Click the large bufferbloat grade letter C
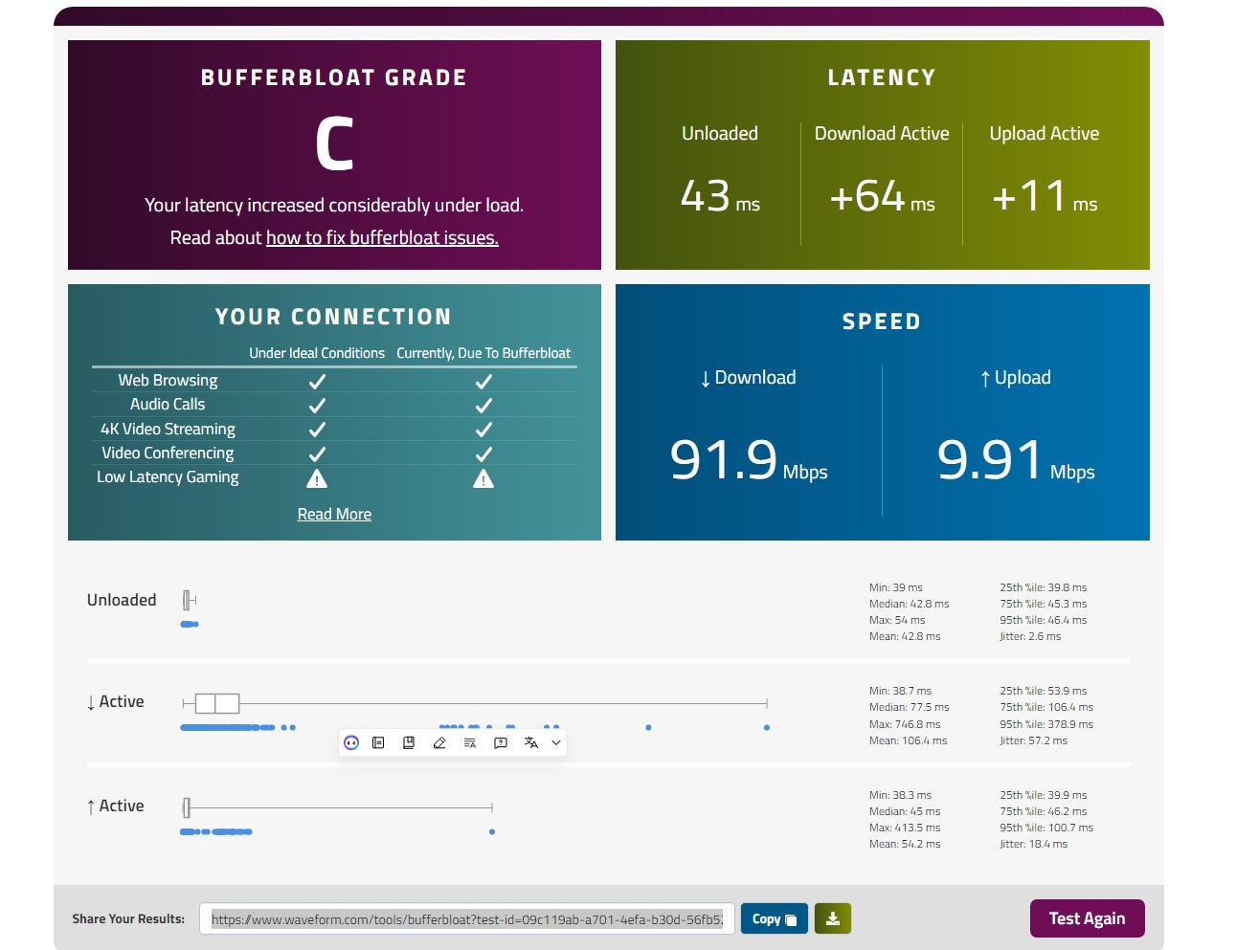pyautogui.click(x=334, y=144)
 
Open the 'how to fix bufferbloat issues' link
pyautogui.click(x=382, y=237)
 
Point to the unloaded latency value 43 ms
pyautogui.click(x=719, y=196)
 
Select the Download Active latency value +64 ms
pyautogui.click(x=881, y=196)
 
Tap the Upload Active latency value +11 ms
pyautogui.click(x=1044, y=196)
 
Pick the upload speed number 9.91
pyautogui.click(x=989, y=459)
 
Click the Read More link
pyautogui.click(x=334, y=514)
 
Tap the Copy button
pyautogui.click(x=774, y=918)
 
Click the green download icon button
pyautogui.click(x=832, y=918)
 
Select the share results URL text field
pyautogui.click(x=466, y=918)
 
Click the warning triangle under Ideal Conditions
pyautogui.click(x=317, y=478)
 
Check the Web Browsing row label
pyautogui.click(x=168, y=380)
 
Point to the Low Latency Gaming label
pyautogui.click(x=168, y=476)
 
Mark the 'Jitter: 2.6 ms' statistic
pyautogui.click(x=1030, y=636)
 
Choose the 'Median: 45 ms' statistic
pyautogui.click(x=904, y=811)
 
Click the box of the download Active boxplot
pyautogui.click(x=217, y=703)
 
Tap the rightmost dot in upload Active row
pyautogui.click(x=492, y=831)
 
